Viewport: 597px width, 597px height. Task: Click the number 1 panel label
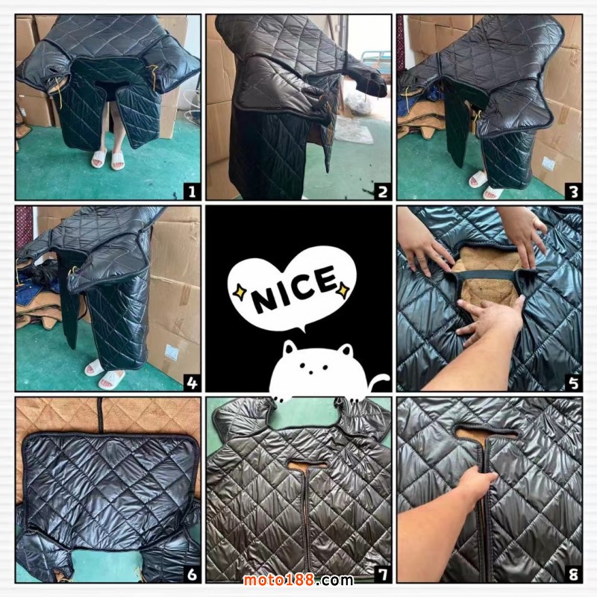pos(192,191)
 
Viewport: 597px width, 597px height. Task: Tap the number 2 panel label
pos(383,192)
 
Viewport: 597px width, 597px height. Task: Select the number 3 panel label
pos(573,192)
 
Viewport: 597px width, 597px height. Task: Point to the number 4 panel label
pos(192,383)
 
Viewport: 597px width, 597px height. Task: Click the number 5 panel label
pos(573,383)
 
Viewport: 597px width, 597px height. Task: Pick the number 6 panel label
pos(192,574)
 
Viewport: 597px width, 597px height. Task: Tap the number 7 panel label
pos(383,574)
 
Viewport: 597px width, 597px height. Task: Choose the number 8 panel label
pos(573,574)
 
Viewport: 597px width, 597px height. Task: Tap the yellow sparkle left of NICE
pos(240,292)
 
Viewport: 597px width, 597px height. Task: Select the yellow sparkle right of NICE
pos(343,290)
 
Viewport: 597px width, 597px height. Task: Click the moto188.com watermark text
pos(298,580)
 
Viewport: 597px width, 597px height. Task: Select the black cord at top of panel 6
pos(101,416)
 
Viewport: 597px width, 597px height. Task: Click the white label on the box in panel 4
pos(172,352)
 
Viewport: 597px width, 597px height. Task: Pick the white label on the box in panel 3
pos(548,163)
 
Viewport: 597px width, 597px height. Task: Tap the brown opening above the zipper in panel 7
pos(307,465)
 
